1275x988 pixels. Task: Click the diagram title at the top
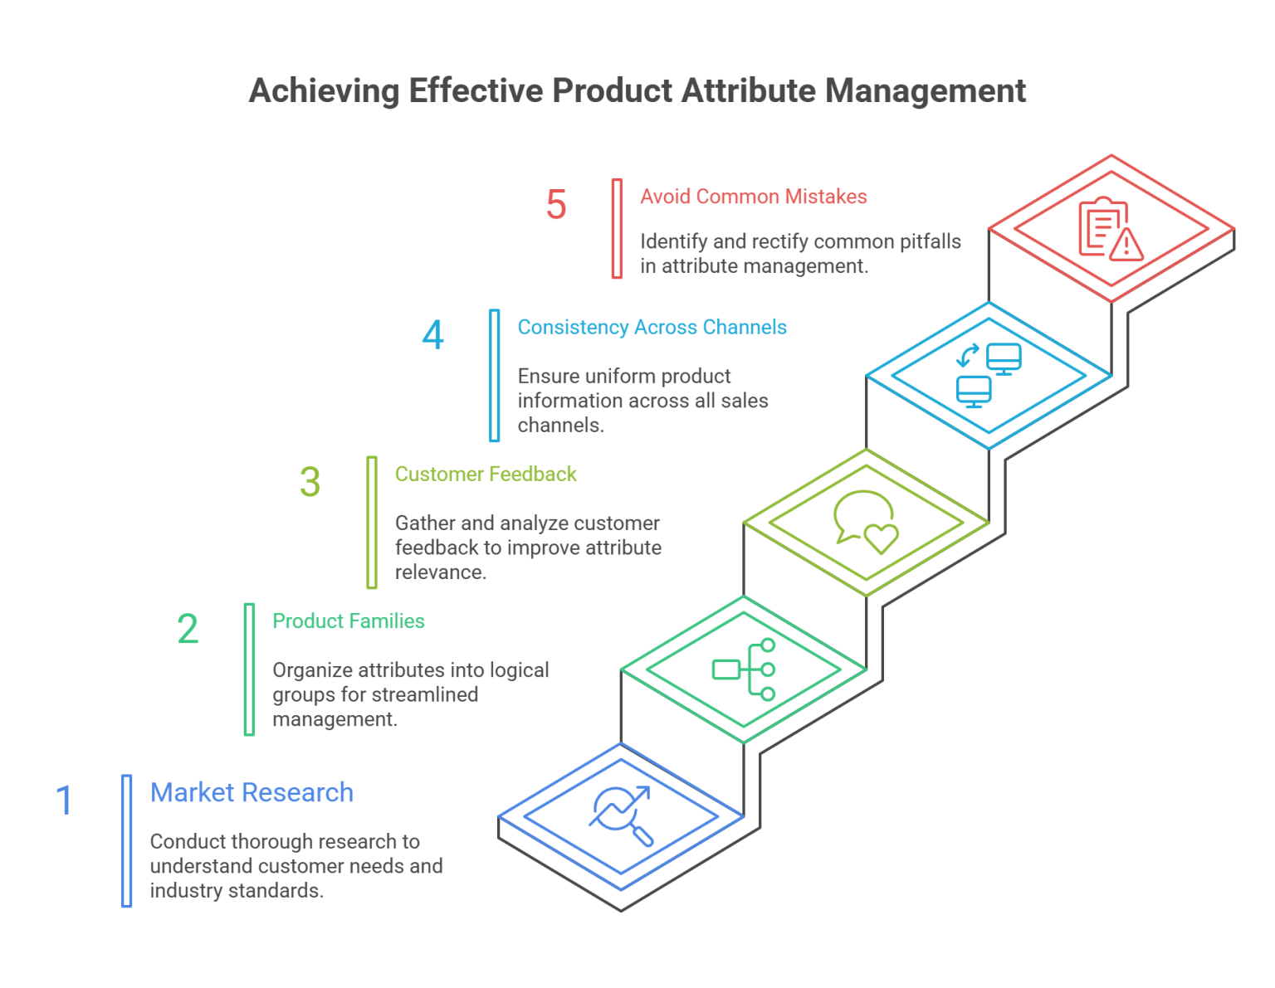pos(637,92)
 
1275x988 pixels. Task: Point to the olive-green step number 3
pos(309,485)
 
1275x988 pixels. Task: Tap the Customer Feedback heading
pos(481,487)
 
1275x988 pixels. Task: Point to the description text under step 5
pos(802,257)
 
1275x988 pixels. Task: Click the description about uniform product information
pos(639,397)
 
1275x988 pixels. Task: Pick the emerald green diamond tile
pos(743,668)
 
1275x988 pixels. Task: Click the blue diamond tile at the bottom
pos(623,817)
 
